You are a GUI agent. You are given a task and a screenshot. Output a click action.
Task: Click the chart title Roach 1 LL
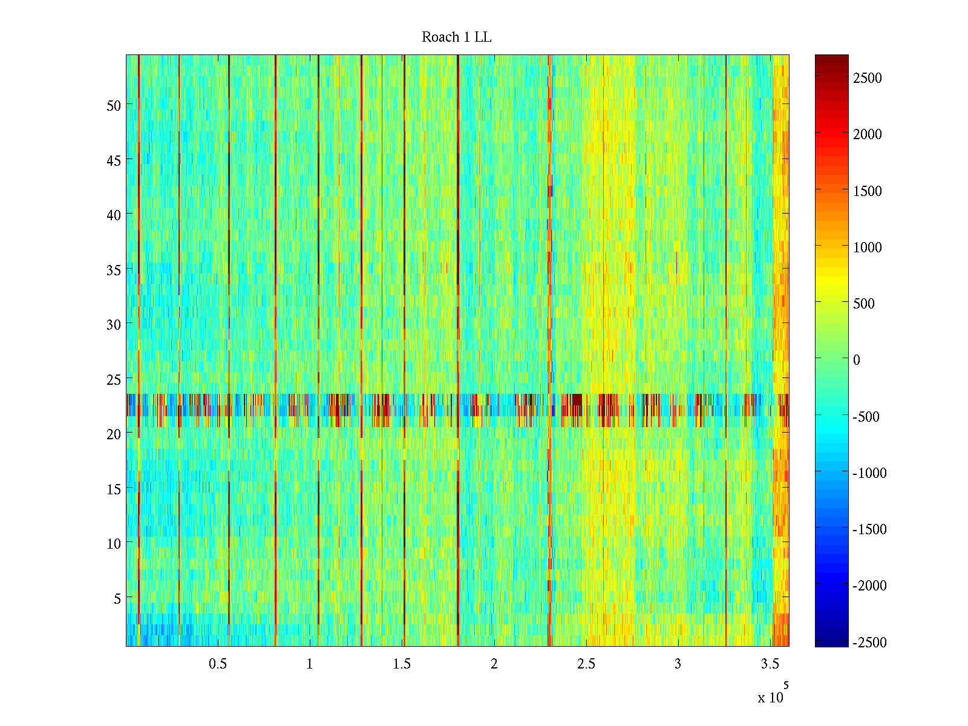click(x=457, y=38)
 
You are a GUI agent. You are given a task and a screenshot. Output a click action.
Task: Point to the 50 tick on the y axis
click(x=114, y=105)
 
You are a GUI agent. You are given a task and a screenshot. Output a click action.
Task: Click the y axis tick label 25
click(x=114, y=379)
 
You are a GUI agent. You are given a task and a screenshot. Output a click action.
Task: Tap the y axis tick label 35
click(x=114, y=270)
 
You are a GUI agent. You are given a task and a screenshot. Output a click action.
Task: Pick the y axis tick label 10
click(x=114, y=544)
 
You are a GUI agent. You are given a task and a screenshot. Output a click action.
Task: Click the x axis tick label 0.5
click(x=218, y=664)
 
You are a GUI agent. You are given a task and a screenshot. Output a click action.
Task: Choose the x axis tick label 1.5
click(x=402, y=664)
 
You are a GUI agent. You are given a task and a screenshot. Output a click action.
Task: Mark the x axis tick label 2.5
click(x=586, y=664)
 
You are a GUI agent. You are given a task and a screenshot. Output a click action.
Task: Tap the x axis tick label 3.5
click(x=770, y=664)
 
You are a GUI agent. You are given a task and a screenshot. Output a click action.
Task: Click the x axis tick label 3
click(x=678, y=664)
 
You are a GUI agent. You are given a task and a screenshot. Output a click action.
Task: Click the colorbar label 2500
click(x=868, y=78)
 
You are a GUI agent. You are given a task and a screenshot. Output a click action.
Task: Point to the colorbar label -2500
click(x=869, y=643)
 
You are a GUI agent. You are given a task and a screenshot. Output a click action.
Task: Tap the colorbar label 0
click(x=857, y=360)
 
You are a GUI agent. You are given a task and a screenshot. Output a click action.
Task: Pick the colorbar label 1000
click(x=868, y=247)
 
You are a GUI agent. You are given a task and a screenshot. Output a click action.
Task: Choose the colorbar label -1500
click(x=869, y=529)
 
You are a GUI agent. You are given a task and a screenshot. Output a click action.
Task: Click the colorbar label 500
click(x=864, y=304)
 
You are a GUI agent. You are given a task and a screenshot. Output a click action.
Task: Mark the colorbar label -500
click(x=866, y=417)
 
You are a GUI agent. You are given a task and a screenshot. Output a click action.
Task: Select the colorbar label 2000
click(x=868, y=134)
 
